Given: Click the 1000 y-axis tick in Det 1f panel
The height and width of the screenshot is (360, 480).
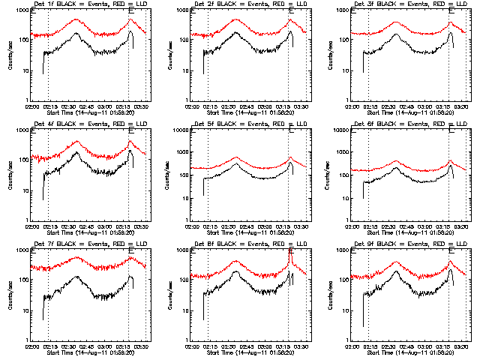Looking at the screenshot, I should [19, 10].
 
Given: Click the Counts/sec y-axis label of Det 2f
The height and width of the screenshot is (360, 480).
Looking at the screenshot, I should [170, 56].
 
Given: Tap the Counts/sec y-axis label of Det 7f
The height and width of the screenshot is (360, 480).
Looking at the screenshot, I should [10, 296].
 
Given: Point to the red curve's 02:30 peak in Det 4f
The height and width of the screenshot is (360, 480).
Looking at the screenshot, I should [76, 141].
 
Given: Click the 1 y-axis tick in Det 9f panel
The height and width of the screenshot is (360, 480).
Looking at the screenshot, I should [348, 340].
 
